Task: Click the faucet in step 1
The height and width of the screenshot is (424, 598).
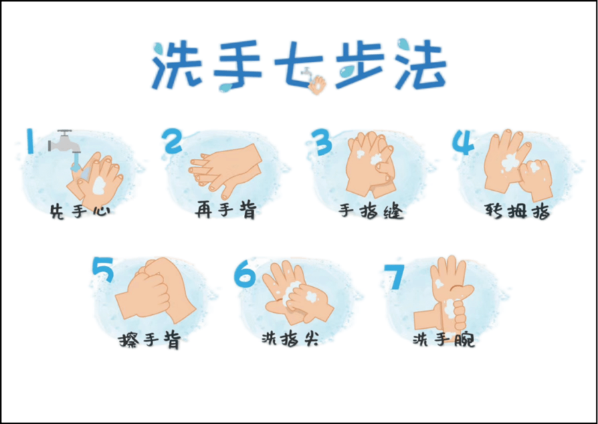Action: [x=64, y=142]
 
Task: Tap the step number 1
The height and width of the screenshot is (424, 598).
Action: [x=30, y=141]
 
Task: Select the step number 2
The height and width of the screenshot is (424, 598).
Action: [x=171, y=141]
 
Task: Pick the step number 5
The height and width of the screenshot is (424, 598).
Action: [x=103, y=270]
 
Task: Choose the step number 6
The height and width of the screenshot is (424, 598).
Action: [x=245, y=274]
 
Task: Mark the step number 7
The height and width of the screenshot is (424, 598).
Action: [x=393, y=275]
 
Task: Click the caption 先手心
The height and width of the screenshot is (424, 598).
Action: [x=81, y=211]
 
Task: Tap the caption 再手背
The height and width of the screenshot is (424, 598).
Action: [x=226, y=210]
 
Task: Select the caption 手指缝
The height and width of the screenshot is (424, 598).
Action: [x=371, y=211]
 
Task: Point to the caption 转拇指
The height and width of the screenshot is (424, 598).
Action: [x=518, y=211]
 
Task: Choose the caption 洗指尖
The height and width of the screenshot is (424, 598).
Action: [x=290, y=338]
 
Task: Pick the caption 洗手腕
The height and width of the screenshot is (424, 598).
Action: [x=444, y=338]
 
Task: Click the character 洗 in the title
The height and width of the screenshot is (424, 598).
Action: [x=177, y=65]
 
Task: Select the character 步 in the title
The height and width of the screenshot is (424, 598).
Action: [x=360, y=64]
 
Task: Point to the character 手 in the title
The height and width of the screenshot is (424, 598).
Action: [x=237, y=66]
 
